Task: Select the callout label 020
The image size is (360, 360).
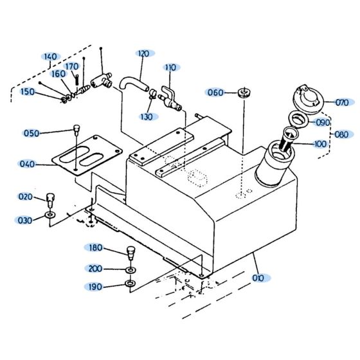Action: click(26, 196)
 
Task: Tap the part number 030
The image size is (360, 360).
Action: click(25, 221)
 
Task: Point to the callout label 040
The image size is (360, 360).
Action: click(27, 164)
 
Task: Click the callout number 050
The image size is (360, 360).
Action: click(32, 133)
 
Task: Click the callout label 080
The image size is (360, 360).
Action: click(343, 134)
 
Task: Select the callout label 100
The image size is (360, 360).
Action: click(320, 144)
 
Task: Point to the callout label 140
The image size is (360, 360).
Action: click(51, 57)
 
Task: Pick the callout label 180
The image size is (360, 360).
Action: click(95, 248)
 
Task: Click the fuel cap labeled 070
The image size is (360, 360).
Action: click(304, 100)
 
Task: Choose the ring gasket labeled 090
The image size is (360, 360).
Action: click(296, 118)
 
